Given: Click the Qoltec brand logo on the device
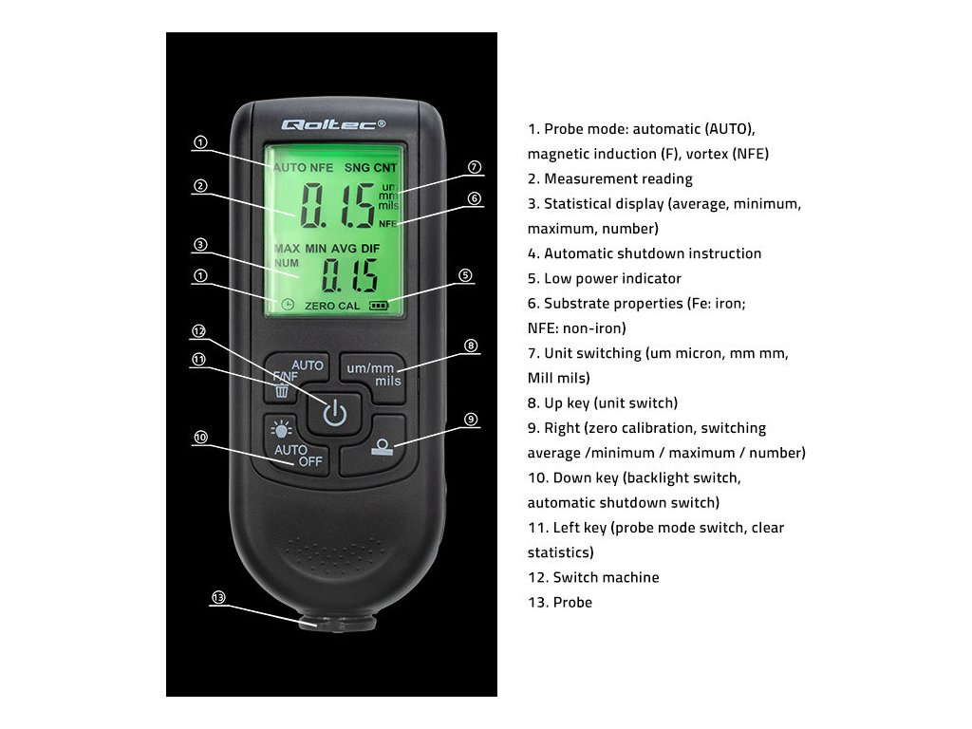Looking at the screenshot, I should (333, 124).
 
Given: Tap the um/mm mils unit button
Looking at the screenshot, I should (373, 374).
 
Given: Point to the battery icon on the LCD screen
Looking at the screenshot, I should (380, 306).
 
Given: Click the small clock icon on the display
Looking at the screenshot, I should (288, 305).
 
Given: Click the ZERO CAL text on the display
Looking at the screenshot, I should (332, 306).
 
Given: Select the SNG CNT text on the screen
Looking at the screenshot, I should (371, 168).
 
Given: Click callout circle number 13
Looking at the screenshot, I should (218, 597).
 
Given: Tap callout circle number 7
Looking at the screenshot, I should (475, 167).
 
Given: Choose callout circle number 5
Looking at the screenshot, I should (465, 275).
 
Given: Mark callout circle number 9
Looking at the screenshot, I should (471, 419).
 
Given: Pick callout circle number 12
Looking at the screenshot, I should (199, 331).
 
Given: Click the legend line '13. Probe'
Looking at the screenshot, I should (559, 602).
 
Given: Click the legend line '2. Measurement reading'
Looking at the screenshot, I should (609, 178).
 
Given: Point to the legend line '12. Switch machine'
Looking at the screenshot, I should (592, 577).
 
